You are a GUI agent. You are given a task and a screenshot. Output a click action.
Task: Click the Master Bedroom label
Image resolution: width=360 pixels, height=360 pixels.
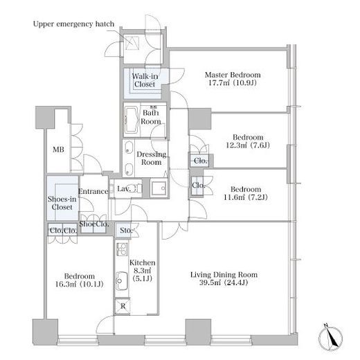pos(233,75)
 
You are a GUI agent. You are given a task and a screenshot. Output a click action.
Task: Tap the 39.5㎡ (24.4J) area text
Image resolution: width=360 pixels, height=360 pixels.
pos(224,282)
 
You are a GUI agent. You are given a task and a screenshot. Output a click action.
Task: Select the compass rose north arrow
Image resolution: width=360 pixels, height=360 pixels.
pos(331,335)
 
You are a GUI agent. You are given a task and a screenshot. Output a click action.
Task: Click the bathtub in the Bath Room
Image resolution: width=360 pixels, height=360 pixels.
pos(132,121)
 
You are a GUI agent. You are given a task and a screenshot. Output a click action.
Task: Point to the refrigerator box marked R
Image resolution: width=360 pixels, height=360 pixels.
pos(123,306)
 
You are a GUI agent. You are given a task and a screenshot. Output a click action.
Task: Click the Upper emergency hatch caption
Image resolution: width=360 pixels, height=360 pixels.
pos(73,24)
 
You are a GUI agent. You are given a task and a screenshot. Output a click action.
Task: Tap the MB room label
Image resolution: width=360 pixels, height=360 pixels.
pos(58,150)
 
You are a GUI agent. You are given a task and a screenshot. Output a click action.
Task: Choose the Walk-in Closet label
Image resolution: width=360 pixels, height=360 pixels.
pos(145,80)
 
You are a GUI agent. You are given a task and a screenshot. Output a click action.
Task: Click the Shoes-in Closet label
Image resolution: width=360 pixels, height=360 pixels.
pos(62,203)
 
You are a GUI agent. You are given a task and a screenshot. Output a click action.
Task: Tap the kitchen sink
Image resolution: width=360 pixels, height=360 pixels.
pos(121,281)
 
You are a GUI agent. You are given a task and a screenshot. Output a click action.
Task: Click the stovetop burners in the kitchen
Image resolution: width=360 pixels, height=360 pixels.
pos(122,249)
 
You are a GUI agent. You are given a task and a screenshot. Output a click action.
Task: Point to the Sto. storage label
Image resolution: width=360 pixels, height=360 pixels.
pos(126,230)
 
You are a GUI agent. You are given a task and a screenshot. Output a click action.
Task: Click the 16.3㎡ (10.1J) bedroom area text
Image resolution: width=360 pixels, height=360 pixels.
pos(80,284)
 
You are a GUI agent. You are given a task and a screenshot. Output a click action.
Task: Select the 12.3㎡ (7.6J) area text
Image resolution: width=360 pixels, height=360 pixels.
pos(248,145)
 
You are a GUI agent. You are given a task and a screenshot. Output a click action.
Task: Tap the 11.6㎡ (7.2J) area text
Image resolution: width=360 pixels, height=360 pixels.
pos(246,197)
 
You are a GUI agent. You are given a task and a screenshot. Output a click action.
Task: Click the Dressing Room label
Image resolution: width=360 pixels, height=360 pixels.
pos(152,158)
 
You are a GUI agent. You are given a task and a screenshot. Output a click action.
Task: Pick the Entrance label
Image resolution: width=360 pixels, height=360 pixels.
pos(93,191)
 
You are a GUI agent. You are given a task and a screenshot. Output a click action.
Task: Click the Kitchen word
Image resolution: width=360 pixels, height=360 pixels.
pos(143,262)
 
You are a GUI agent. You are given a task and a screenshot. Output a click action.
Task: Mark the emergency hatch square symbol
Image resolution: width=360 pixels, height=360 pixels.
pos(132,42)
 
